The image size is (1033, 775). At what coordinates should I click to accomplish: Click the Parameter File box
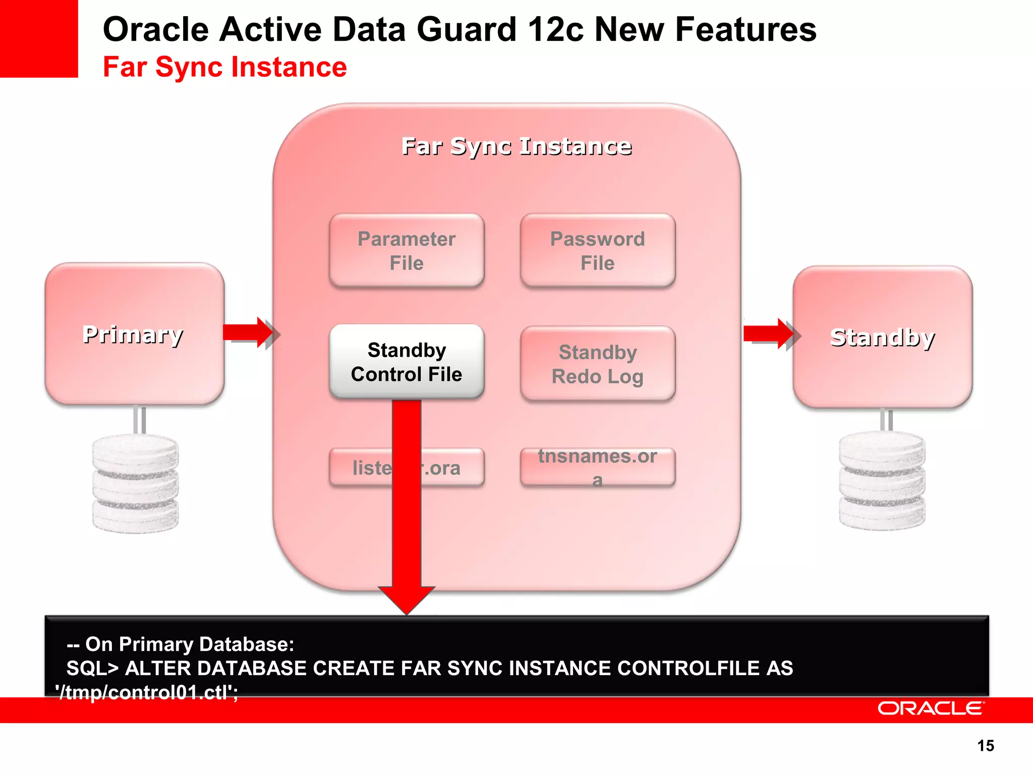(407, 251)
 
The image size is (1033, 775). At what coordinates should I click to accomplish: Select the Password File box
(598, 251)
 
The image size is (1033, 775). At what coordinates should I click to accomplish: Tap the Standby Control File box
(407, 362)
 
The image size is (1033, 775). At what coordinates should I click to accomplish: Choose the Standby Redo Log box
(598, 364)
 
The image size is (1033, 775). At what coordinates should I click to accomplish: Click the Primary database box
(134, 334)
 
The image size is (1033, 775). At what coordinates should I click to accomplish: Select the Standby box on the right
(882, 337)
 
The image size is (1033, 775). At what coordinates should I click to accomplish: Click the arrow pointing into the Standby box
(770, 334)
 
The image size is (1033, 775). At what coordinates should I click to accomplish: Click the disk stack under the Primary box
(135, 483)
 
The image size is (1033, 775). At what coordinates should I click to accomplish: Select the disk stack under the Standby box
(882, 480)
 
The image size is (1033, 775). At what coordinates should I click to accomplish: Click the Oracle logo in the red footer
(931, 708)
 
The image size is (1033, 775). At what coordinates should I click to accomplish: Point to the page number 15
(986, 746)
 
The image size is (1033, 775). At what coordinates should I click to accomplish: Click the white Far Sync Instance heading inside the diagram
(516, 146)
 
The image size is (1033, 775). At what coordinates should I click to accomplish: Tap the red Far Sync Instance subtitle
(225, 67)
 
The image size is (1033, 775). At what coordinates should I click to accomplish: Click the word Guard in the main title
(467, 29)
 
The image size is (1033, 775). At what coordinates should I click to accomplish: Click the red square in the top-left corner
(39, 38)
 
